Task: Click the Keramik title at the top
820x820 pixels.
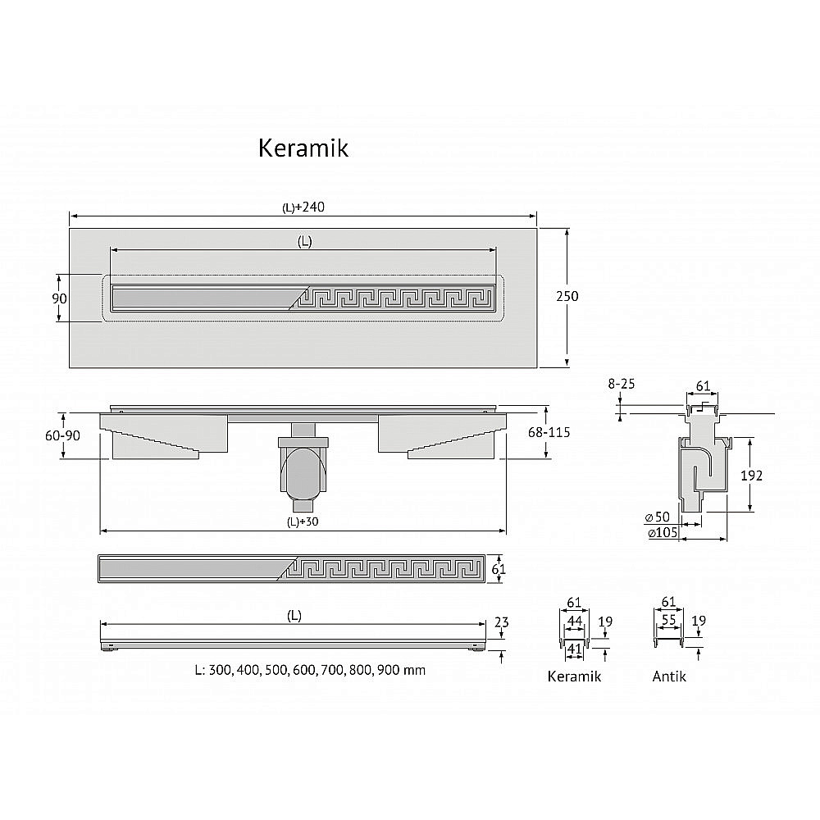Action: point(303,148)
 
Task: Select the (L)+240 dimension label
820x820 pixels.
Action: point(303,207)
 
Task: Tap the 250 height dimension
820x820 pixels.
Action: point(567,296)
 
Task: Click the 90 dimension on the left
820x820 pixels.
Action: point(59,298)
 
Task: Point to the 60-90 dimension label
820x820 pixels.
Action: point(63,435)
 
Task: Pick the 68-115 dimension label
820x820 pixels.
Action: point(550,432)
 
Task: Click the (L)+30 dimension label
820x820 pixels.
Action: point(303,522)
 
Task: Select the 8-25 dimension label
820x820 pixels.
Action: point(622,383)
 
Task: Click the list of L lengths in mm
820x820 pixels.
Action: point(310,670)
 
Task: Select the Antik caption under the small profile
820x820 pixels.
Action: point(669,676)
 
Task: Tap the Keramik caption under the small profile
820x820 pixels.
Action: point(574,676)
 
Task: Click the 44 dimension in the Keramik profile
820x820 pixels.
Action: point(574,622)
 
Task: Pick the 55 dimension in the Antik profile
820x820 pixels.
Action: point(669,622)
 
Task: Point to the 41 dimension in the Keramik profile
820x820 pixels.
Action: point(574,648)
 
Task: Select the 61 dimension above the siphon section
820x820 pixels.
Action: point(703,386)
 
